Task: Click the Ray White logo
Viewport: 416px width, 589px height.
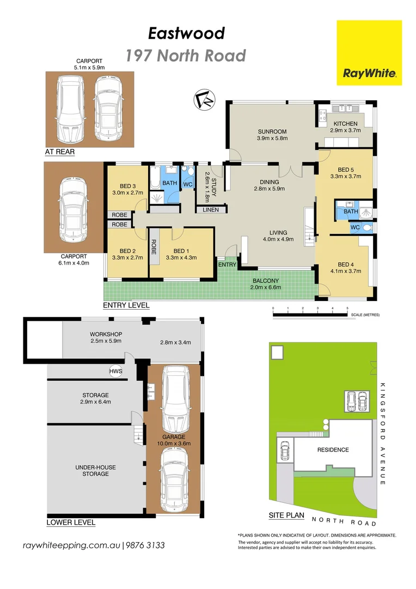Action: (369, 52)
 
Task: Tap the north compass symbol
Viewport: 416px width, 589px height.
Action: (204, 100)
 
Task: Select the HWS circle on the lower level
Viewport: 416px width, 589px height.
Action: (115, 371)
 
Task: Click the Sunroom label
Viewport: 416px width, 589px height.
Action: (272, 131)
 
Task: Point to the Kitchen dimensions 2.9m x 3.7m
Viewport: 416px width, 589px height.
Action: (345, 130)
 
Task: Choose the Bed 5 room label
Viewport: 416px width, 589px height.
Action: (345, 170)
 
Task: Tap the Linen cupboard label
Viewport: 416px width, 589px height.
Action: (211, 209)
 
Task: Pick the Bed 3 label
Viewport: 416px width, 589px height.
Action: (127, 186)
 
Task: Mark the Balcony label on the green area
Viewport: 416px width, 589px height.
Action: (266, 281)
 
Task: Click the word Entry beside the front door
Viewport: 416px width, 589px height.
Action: (227, 265)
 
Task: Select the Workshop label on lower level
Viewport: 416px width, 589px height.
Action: (106, 334)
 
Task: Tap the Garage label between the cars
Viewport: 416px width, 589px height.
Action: (174, 437)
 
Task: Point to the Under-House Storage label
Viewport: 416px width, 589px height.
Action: (96, 471)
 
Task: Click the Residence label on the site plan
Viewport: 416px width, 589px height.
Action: (333, 449)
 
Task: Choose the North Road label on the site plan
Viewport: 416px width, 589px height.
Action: (344, 521)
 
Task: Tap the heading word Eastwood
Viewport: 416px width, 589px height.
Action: (186, 33)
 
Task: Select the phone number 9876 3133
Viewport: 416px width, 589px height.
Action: (145, 545)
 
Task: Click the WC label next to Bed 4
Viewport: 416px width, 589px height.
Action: (355, 227)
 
